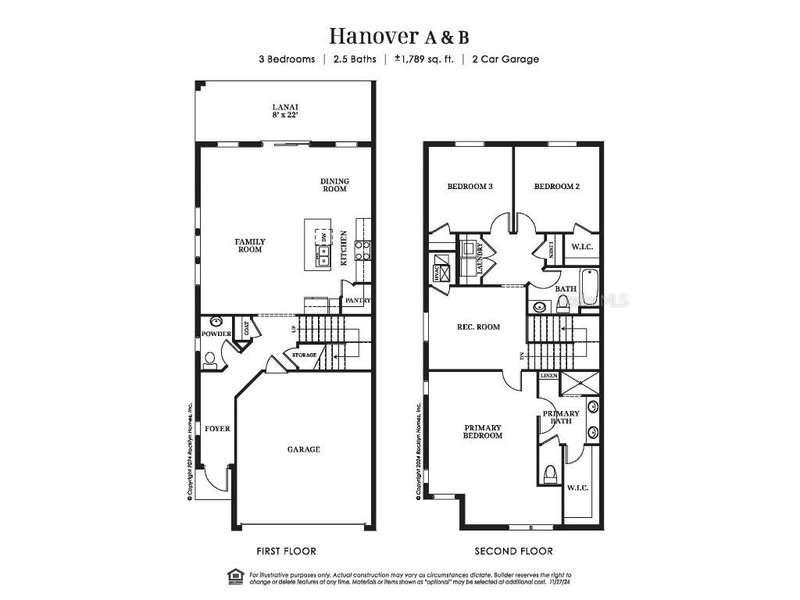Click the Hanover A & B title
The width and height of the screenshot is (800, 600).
pos(399,36)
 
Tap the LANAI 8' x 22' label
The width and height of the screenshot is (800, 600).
pos(285,111)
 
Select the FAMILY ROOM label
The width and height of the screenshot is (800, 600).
pos(250,245)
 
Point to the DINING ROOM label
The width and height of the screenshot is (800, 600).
pos(334,185)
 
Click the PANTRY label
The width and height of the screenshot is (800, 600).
pos(357,301)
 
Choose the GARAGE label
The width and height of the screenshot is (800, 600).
pos(303,449)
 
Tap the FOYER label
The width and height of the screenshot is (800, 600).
pos(218,429)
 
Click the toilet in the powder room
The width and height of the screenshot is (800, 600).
pos(209,360)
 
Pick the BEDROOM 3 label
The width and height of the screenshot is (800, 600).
pos(470,187)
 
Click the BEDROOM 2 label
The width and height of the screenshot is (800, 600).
pos(556,187)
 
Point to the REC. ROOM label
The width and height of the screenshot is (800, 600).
pos(478,327)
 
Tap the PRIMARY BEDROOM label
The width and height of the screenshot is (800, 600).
pos(483,431)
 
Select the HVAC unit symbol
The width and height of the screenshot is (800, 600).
pos(441,273)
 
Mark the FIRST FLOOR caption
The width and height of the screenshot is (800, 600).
pos(286,551)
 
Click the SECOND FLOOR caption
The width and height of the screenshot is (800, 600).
pos(513,551)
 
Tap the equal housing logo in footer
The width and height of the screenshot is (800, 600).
pos(235,577)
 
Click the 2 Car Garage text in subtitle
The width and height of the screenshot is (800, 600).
pos(505,59)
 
